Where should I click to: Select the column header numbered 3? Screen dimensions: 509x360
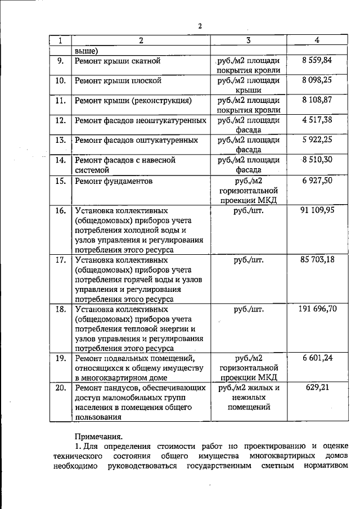tap(248, 40)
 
